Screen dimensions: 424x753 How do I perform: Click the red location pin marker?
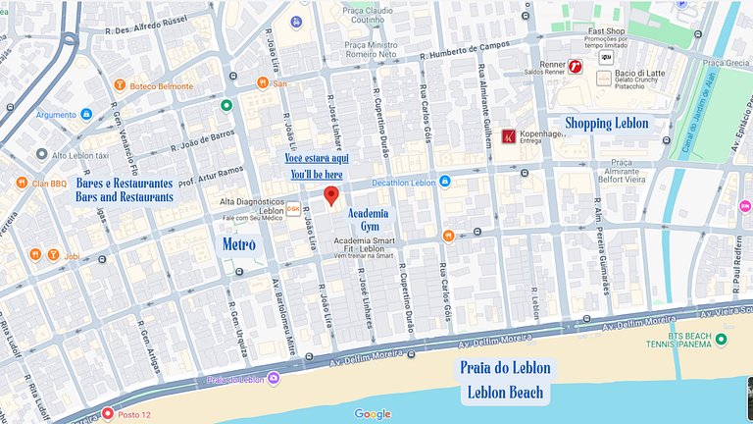pyautogui.click(x=331, y=195)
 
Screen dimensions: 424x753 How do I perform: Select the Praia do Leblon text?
pyautogui.click(x=505, y=370)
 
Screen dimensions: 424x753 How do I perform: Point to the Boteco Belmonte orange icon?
pyautogui.click(x=120, y=86)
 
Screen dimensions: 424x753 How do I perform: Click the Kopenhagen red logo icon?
pyautogui.click(x=509, y=136)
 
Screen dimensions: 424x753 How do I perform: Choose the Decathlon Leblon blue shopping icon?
pyautogui.click(x=445, y=182)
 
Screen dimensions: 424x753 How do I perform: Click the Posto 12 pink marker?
pyautogui.click(x=108, y=413)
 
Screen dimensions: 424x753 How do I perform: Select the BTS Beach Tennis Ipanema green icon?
pyautogui.click(x=722, y=340)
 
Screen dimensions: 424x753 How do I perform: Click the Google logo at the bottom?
pyautogui.click(x=373, y=414)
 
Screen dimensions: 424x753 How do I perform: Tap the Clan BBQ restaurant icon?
pyautogui.click(x=22, y=183)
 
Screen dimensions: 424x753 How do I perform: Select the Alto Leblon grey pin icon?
pyautogui.click(x=41, y=154)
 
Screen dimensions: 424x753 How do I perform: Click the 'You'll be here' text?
pyautogui.click(x=316, y=175)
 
